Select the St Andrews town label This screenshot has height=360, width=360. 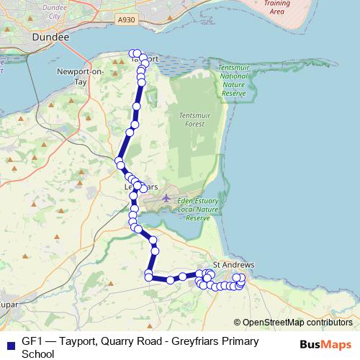click(234, 265)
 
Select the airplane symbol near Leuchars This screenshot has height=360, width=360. click(166, 197)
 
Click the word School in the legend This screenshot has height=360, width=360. click(37, 354)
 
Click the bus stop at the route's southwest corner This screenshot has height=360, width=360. click(148, 276)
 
